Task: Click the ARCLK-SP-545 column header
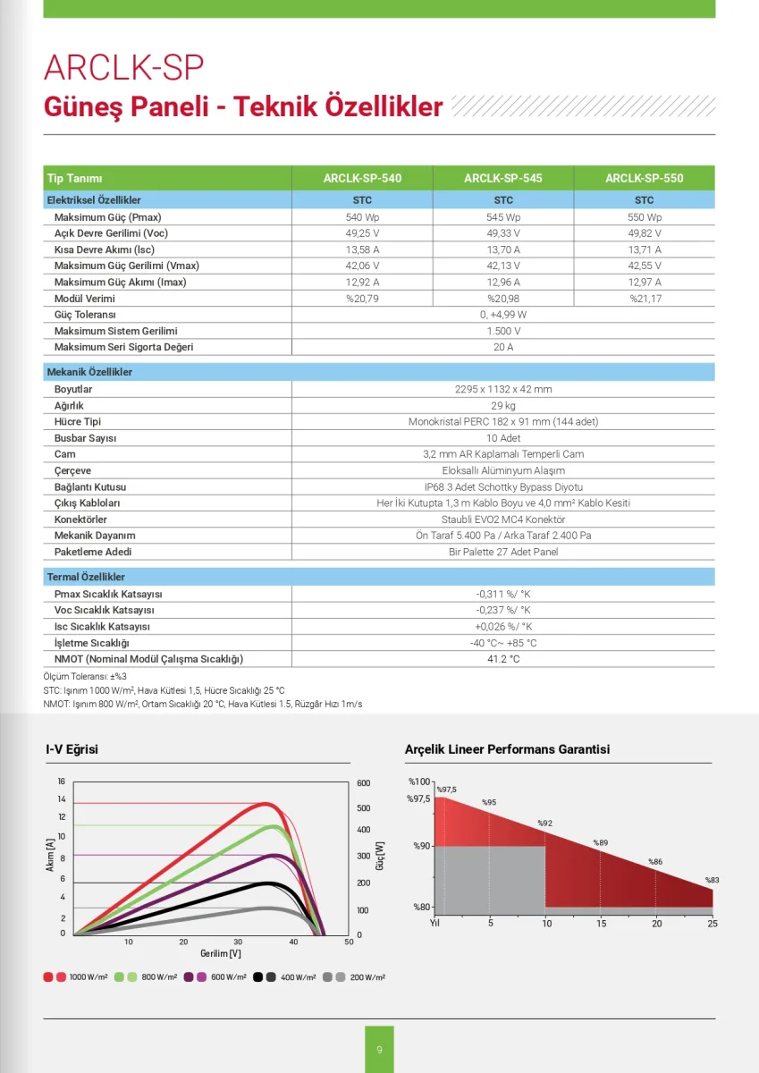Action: pos(502,178)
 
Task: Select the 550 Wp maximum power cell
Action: pos(644,217)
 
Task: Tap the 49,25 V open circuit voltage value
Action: pos(362,233)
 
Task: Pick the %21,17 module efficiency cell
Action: pos(644,299)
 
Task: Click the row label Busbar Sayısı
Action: pos(85,438)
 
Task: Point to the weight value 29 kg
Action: pos(503,406)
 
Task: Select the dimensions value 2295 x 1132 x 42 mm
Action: pos(503,390)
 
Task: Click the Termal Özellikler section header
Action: pos(86,578)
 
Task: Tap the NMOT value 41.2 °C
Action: pos(503,659)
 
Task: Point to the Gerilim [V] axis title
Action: pos(221,954)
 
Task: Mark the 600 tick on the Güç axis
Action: pos(363,783)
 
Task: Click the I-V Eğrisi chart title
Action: pos(72,749)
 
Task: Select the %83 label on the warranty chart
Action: pos(713,880)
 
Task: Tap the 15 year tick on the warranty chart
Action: pos(602,923)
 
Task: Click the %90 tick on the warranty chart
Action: pos(422,846)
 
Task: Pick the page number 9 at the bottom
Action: pos(379,1050)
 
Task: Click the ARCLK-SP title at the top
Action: pos(124,68)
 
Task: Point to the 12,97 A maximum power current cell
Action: pos(644,283)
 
